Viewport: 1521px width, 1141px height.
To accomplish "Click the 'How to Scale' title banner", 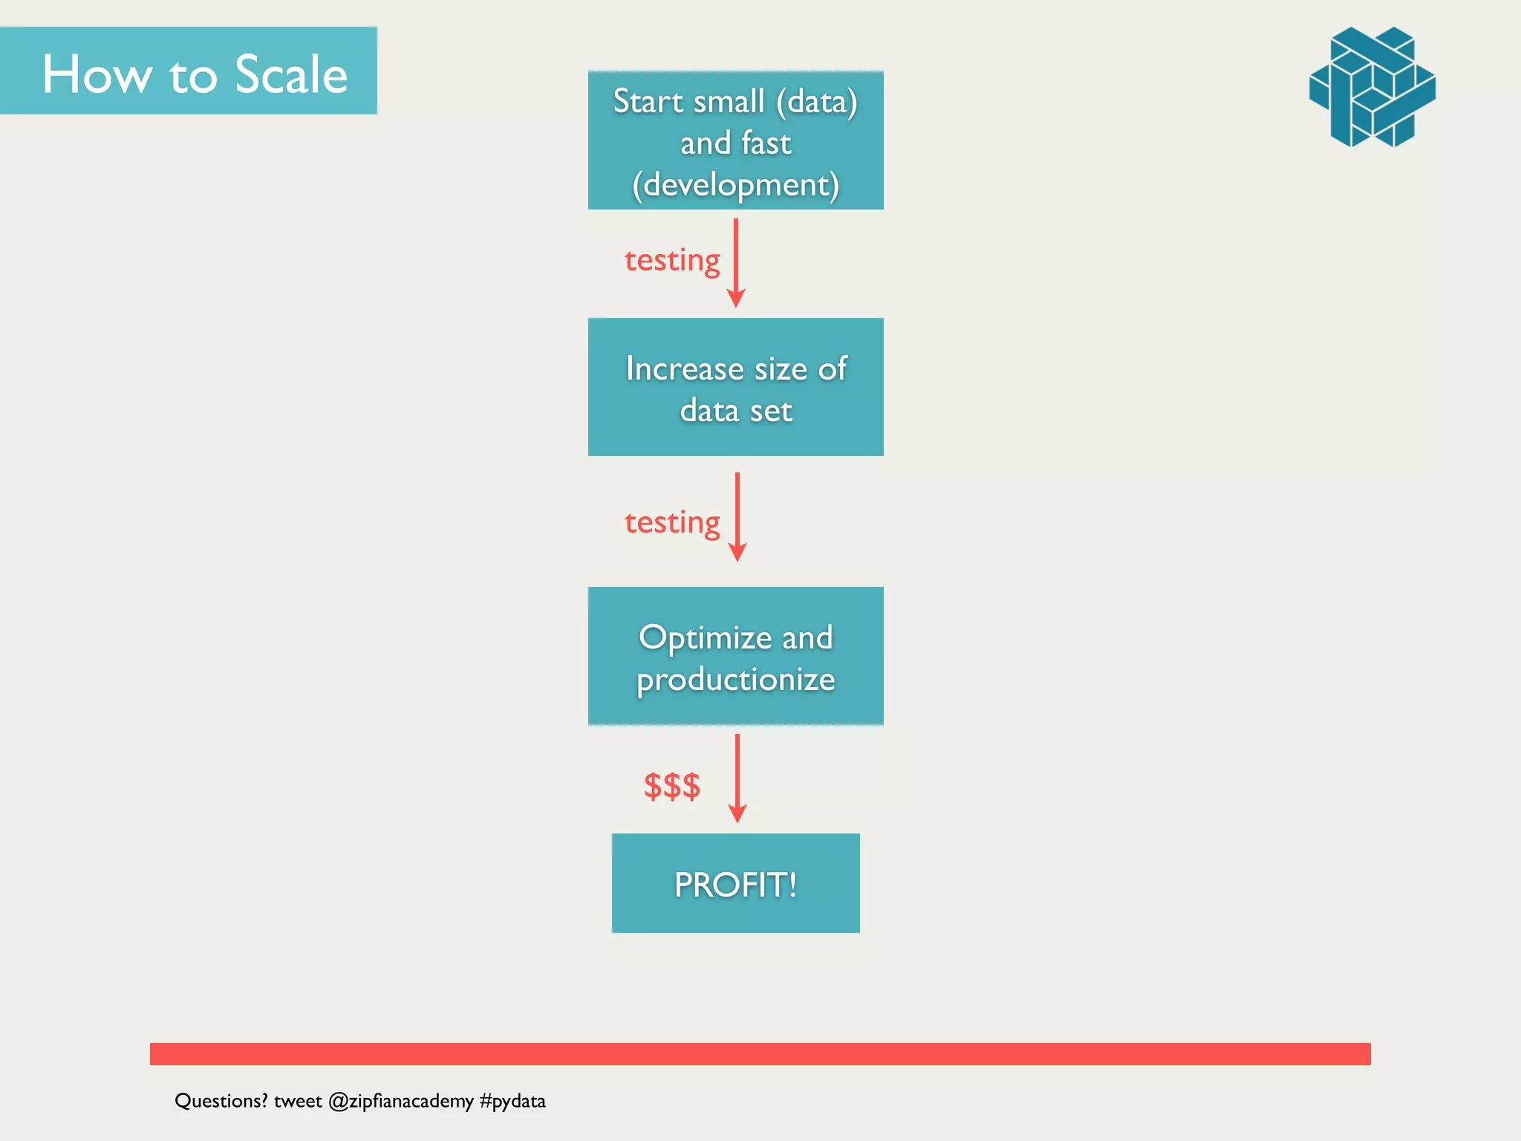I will click(189, 71).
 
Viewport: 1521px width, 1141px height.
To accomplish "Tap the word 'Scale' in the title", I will click(290, 75).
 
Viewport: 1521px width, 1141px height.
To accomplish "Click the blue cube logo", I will click(1372, 87).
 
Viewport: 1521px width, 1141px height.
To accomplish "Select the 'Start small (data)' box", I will click(735, 140).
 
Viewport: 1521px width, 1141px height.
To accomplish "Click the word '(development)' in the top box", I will click(735, 185).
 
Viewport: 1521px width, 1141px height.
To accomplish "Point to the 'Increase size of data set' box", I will click(735, 387).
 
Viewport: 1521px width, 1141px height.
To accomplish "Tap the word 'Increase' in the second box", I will click(684, 368).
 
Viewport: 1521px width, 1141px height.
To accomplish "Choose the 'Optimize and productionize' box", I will click(735, 656).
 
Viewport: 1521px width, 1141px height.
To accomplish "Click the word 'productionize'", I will click(735, 680).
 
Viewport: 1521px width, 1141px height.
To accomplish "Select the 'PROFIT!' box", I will click(735, 883).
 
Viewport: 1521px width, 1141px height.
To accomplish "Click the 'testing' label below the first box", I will click(671, 261).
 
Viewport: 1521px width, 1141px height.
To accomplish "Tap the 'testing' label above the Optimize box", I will click(671, 523).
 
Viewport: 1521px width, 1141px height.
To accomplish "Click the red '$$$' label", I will click(671, 786).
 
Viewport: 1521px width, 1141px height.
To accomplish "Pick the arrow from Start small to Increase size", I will click(736, 263).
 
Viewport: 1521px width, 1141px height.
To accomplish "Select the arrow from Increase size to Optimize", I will click(737, 517).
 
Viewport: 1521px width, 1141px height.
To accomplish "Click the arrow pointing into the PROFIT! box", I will click(737, 778).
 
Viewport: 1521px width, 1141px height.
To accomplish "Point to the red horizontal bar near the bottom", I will click(760, 1053).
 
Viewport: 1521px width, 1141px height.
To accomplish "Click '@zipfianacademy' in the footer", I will click(400, 1101).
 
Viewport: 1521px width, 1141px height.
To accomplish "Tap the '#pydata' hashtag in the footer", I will click(512, 1101).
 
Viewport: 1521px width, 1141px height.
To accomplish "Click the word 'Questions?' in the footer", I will click(221, 1101).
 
